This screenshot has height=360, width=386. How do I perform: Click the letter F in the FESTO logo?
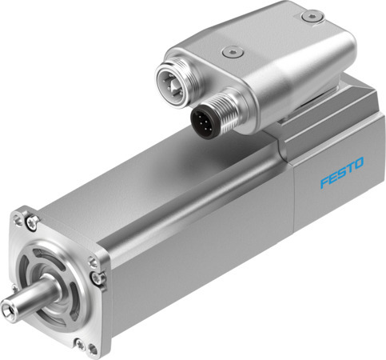(323, 182)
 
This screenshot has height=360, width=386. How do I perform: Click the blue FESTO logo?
(341, 173)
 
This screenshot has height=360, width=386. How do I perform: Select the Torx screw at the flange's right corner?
(97, 276)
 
